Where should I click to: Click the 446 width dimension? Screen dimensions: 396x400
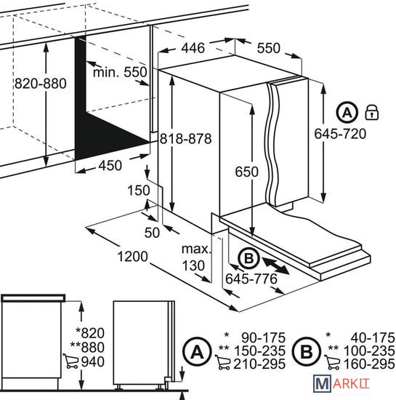click(x=193, y=48)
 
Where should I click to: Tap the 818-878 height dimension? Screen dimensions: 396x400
click(x=185, y=139)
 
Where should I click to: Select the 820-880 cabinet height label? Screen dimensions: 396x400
click(x=40, y=84)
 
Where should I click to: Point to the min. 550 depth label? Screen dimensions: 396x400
click(x=120, y=72)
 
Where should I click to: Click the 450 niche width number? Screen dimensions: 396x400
click(x=110, y=165)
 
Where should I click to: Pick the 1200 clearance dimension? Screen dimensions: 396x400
click(x=132, y=257)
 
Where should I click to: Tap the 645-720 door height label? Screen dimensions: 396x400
click(x=340, y=134)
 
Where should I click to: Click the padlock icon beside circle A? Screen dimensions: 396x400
click(x=372, y=112)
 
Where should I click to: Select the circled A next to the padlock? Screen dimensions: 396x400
click(x=347, y=112)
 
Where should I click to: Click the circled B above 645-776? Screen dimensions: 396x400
click(x=249, y=258)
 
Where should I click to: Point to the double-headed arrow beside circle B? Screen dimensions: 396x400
click(x=275, y=265)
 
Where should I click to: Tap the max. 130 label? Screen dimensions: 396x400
click(x=196, y=257)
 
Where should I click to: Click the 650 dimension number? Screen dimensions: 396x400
click(x=246, y=172)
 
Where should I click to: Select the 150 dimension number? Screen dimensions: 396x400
click(x=138, y=191)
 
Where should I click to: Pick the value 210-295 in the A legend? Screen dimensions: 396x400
click(x=259, y=364)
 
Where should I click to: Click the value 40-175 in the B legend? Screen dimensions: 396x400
click(x=373, y=337)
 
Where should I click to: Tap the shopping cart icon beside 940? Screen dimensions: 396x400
click(x=70, y=361)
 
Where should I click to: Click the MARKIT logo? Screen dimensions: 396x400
click(x=342, y=383)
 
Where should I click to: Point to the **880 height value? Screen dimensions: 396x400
click(x=87, y=347)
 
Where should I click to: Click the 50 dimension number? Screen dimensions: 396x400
click(x=152, y=233)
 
